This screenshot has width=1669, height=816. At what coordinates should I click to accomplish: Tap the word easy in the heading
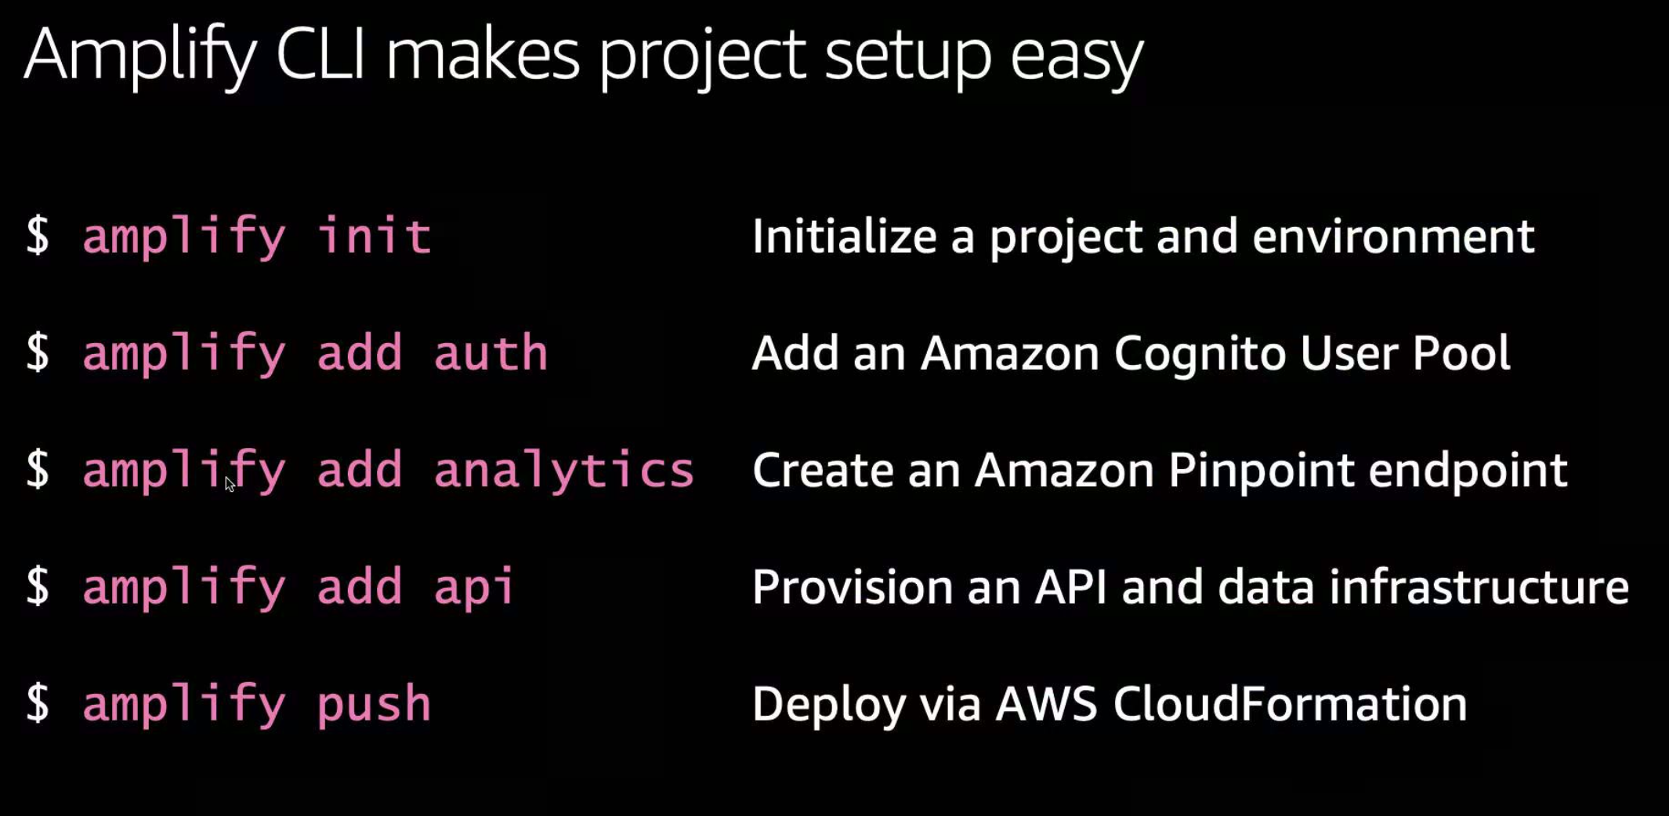tap(1076, 56)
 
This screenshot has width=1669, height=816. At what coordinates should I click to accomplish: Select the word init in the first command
tap(374, 236)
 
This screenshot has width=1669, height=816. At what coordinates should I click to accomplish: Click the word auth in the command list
tap(491, 353)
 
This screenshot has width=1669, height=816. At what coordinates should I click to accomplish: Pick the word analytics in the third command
tap(563, 471)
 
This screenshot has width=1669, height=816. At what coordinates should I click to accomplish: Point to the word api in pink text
tap(473, 587)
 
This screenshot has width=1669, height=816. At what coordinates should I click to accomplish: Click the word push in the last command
tap(374, 704)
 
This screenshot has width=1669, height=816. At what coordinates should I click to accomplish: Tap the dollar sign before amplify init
tap(38, 236)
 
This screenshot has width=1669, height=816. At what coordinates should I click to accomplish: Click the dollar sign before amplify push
tap(38, 703)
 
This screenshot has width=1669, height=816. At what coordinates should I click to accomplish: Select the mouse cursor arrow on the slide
tap(229, 484)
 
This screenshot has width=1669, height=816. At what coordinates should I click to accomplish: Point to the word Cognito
tap(1200, 353)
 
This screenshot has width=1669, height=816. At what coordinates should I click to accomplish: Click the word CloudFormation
tap(1290, 703)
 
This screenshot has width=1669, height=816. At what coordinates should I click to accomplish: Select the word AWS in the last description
tap(1046, 703)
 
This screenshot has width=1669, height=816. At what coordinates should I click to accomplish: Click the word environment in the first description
tap(1392, 236)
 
